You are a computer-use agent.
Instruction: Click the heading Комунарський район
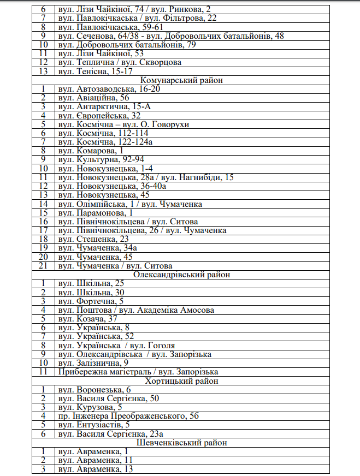tap(182, 80)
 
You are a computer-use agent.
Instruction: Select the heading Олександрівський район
tap(182, 275)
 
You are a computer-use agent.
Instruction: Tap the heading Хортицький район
tap(182, 381)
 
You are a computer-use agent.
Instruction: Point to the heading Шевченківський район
tap(182, 443)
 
